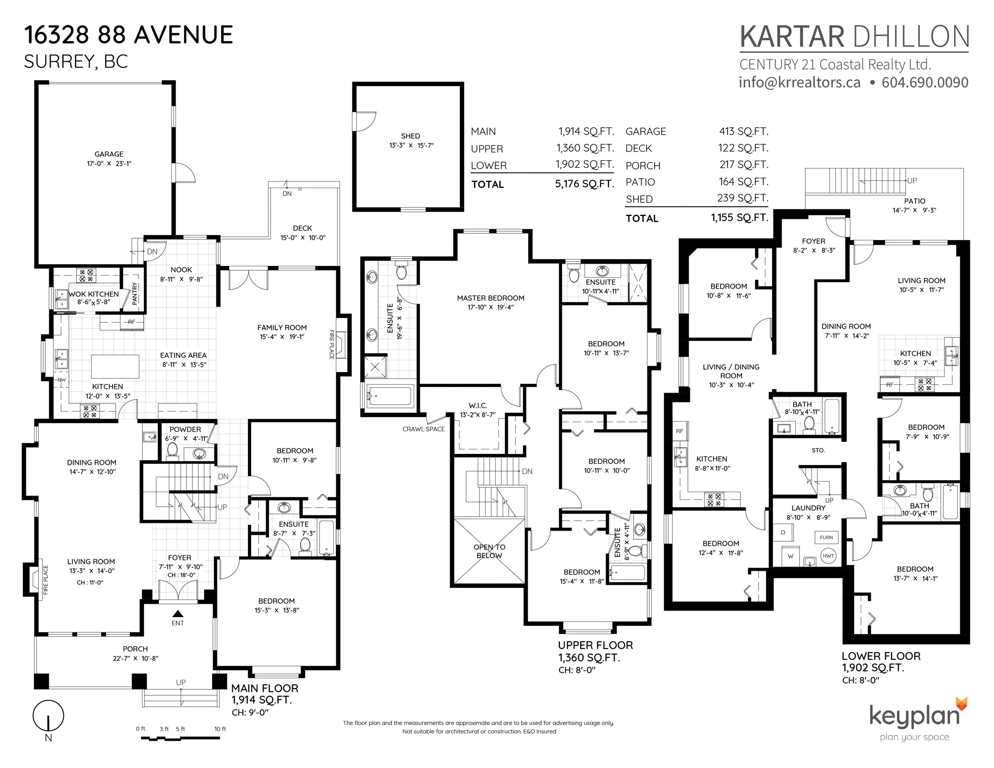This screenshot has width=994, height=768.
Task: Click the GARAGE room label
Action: [109, 154]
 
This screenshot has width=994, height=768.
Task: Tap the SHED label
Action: [410, 136]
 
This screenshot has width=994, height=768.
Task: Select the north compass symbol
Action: [48, 716]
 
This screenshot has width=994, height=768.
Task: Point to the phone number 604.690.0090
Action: [925, 82]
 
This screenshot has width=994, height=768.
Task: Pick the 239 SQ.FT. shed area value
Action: [743, 198]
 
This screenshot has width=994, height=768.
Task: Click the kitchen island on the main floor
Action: [115, 367]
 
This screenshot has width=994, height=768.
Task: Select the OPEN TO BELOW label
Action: [489, 551]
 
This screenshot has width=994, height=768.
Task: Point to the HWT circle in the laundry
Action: [828, 556]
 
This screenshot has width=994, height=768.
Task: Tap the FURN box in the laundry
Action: [827, 537]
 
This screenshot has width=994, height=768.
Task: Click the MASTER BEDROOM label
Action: [490, 298]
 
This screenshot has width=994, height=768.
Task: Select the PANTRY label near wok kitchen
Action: [134, 293]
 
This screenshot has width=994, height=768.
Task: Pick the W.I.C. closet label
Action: [478, 405]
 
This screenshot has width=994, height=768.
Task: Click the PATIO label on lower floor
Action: [915, 201]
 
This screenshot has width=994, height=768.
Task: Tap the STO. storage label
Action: [818, 450]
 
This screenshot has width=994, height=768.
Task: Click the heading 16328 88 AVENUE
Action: [128, 35]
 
